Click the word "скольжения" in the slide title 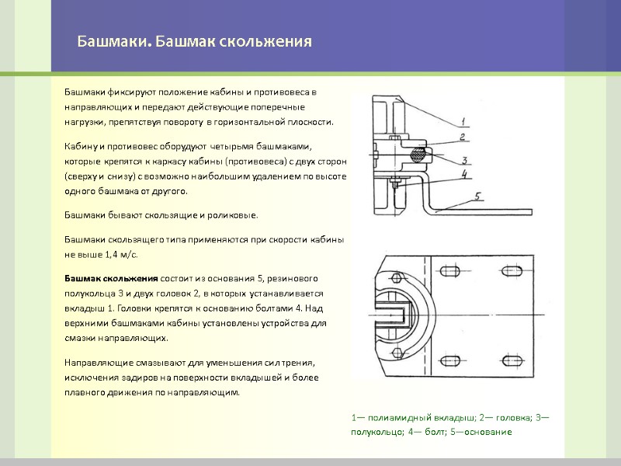(x=267, y=41)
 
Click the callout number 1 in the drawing (x=463, y=120)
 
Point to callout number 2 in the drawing (x=462, y=137)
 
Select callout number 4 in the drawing (x=464, y=174)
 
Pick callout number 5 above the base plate (x=479, y=196)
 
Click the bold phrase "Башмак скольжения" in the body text (x=111, y=277)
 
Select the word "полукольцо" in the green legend (x=374, y=431)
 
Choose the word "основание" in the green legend (x=487, y=431)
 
